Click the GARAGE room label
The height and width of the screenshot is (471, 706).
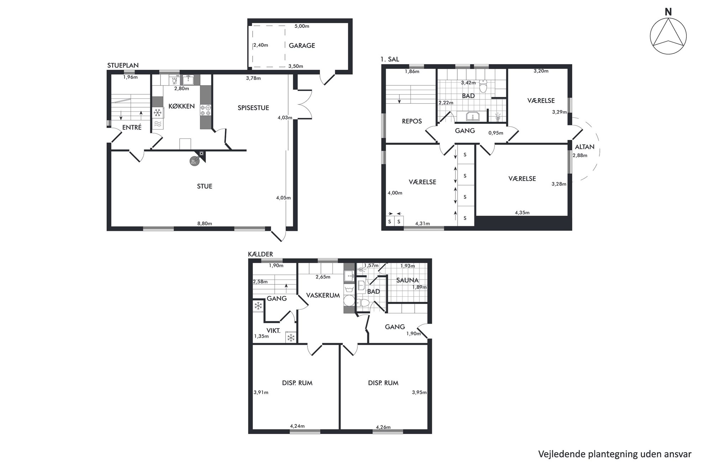302,46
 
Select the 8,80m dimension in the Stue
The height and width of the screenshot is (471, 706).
205,224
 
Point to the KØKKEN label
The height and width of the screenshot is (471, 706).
181,106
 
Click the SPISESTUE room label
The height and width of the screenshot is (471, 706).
253,108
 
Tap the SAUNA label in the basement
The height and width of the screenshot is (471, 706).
407,280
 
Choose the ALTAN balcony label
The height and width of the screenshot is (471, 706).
585,147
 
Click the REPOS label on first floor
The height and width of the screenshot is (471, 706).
412,121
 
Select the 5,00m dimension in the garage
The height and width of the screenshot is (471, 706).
302,26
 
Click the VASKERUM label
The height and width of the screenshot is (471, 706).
323,295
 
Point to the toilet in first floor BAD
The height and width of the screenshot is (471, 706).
483,86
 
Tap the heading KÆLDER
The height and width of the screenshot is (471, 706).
260,254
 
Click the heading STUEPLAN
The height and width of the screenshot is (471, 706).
123,66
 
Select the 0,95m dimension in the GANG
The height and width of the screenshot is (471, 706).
496,133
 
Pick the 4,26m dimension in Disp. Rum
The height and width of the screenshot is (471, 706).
383,427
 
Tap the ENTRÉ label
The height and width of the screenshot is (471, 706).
132,127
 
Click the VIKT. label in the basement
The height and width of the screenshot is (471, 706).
273,331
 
